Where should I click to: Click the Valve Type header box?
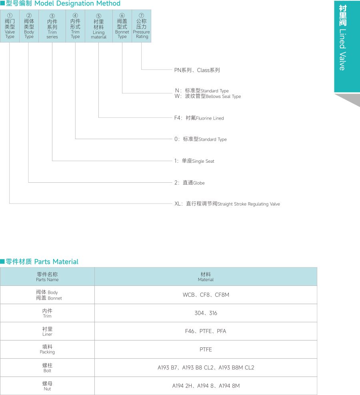click(x=10, y=26)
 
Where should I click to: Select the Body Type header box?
click(x=29, y=26)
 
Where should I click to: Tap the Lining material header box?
click(x=98, y=26)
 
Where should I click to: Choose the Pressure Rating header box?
click(x=141, y=26)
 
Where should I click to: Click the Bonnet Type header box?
click(x=122, y=26)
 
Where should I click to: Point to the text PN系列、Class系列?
click(x=197, y=70)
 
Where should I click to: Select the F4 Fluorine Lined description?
click(x=199, y=118)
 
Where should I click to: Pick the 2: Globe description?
click(x=189, y=183)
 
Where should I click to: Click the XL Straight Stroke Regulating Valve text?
click(x=227, y=204)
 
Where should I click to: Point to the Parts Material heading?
click(x=42, y=261)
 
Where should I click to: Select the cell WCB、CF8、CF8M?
click(x=206, y=295)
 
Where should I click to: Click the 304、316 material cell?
click(x=206, y=313)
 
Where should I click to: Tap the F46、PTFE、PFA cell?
click(x=206, y=331)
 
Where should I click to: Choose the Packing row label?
click(x=47, y=349)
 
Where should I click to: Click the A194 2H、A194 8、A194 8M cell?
click(x=206, y=386)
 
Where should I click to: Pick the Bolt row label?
click(x=47, y=368)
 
